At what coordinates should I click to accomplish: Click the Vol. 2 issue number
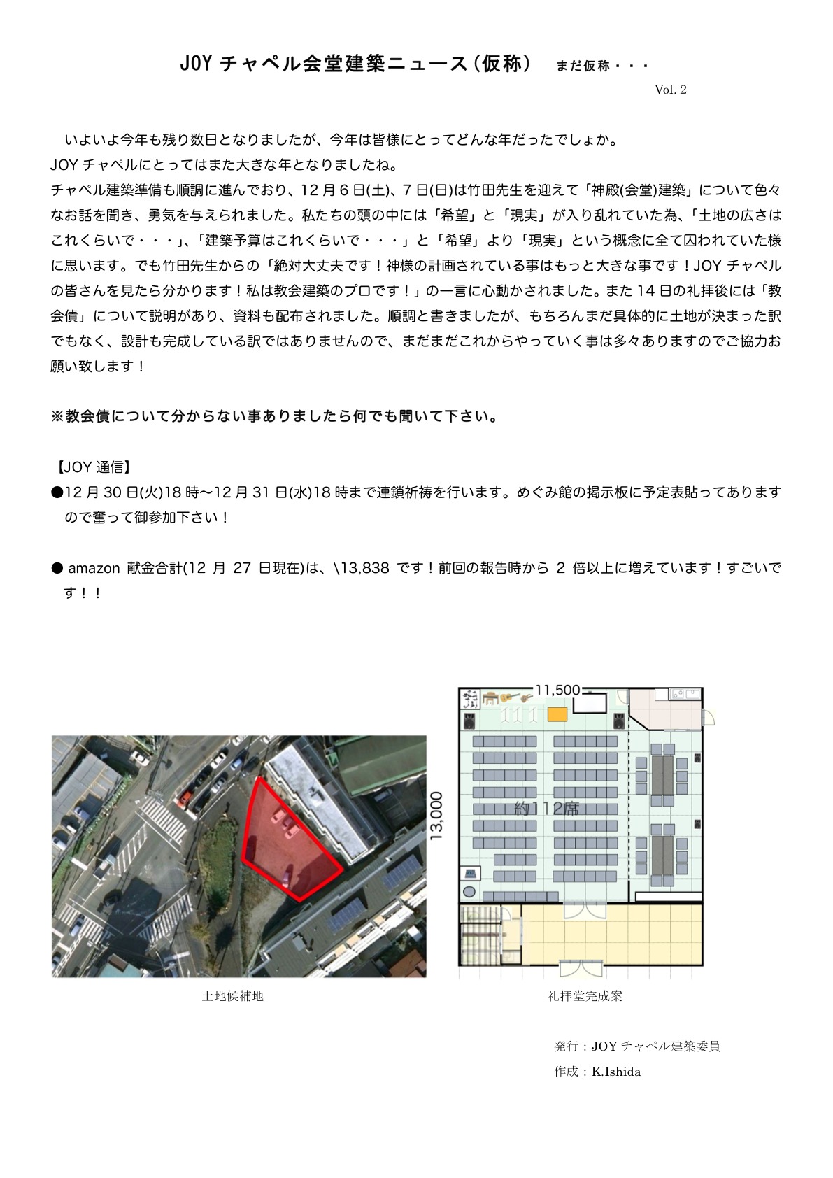coord(670,90)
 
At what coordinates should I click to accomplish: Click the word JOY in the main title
coord(195,64)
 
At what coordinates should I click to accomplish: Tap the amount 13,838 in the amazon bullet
coord(364,568)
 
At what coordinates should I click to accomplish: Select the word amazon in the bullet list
coord(94,568)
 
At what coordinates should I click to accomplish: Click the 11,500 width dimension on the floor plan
coord(557,690)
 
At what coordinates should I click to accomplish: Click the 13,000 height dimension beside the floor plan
coord(437,816)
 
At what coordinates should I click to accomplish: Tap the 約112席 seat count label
coord(546,809)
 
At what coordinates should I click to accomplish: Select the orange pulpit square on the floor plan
coord(557,714)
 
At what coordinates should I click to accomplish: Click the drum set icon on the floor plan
coord(471,698)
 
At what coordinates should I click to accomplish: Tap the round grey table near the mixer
coord(469,892)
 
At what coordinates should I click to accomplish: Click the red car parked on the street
coord(186,797)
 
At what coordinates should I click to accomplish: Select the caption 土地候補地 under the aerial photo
coord(232,995)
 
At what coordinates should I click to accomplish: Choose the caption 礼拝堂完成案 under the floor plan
coord(585,995)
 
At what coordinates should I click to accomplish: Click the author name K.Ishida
coord(615,1072)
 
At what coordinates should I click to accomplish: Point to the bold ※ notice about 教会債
coord(274,417)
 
